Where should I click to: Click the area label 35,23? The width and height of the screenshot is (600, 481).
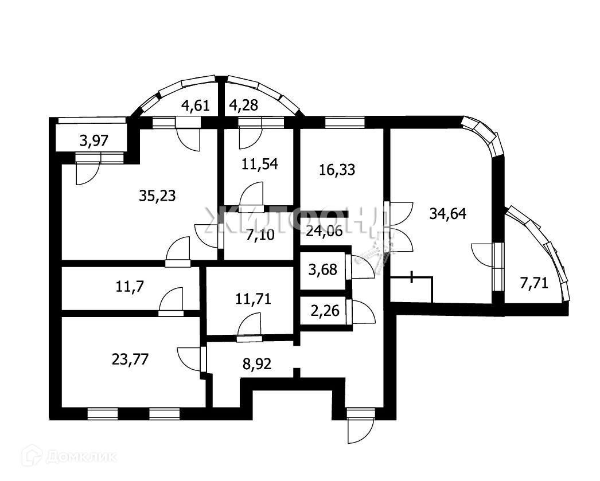tap(157, 196)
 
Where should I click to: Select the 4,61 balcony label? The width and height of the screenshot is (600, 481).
tap(196, 105)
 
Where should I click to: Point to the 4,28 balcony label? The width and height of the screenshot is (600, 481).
tap(243, 105)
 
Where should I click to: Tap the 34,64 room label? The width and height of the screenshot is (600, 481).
tap(448, 214)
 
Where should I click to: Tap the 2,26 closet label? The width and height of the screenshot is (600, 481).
tap(324, 312)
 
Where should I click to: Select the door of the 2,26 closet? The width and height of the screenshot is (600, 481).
tap(361, 313)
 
